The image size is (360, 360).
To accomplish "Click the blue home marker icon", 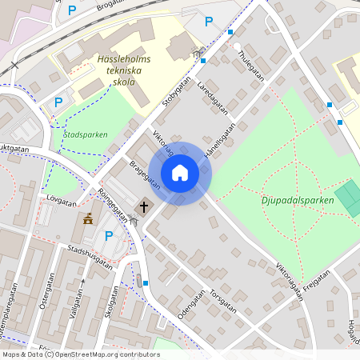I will coord(180,173).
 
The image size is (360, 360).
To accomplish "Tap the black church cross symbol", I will coord(144,207).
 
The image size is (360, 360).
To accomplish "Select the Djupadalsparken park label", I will coord(298,200).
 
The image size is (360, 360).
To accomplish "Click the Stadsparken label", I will coord(85,134).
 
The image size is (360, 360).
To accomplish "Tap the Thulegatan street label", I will coord(250,66).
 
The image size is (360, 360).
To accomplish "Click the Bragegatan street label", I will coord(144,175).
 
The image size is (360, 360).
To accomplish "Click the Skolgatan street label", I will coord(110,302).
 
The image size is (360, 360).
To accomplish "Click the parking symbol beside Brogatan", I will coord(72,10).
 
